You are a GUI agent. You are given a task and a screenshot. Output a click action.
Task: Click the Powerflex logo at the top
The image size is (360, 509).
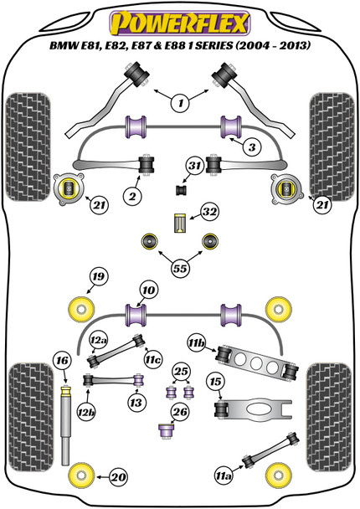point(179,19)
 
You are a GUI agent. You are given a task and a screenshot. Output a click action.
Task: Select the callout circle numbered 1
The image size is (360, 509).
point(178,104)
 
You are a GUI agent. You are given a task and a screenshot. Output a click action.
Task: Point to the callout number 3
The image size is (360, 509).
point(251,147)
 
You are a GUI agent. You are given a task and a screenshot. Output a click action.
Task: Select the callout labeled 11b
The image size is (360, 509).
point(197,343)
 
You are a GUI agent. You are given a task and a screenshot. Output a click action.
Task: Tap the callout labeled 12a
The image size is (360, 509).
point(99,341)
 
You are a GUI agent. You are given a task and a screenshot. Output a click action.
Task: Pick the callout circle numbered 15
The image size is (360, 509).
point(215,383)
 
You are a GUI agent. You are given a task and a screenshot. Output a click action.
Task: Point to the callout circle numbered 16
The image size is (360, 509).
point(61,361)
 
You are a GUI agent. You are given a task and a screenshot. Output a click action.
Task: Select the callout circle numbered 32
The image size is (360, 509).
point(207,213)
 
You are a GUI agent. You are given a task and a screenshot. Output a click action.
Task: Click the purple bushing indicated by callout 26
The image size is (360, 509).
point(166,431)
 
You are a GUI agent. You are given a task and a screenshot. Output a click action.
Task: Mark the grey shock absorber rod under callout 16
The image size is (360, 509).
point(64,435)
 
